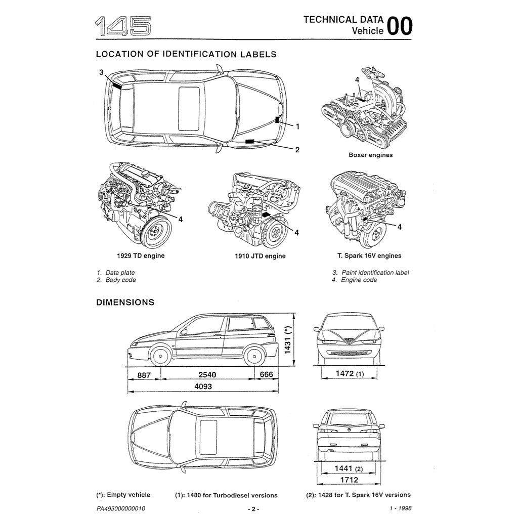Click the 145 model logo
[x=123, y=26]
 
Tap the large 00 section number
[x=399, y=26]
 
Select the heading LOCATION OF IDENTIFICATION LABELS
[x=186, y=54]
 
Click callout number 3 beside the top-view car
[x=101, y=72]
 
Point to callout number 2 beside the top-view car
[x=297, y=149]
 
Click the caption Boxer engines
[x=370, y=155]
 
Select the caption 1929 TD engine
[x=141, y=255]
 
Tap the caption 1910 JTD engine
[x=260, y=256]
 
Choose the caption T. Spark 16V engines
[x=369, y=255]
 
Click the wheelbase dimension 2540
[x=207, y=375]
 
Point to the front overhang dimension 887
[x=144, y=375]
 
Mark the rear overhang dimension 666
[x=266, y=375]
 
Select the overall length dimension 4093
[x=202, y=386]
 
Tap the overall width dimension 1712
[x=349, y=480]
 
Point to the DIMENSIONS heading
[x=125, y=303]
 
